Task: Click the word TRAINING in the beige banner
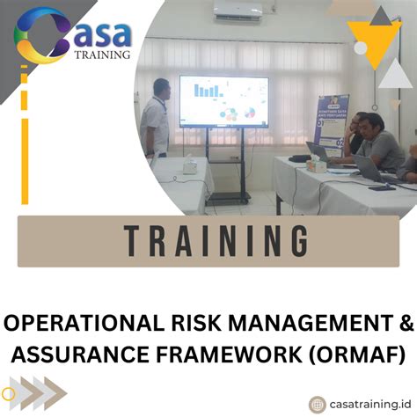pos(208,240)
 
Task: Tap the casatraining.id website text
pos(366,404)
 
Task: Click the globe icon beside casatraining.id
pos(317,404)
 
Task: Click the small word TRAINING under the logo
pos(100,54)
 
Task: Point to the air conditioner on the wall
pos(238,11)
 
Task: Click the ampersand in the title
pos(404,323)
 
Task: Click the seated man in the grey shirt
pos(376,143)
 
